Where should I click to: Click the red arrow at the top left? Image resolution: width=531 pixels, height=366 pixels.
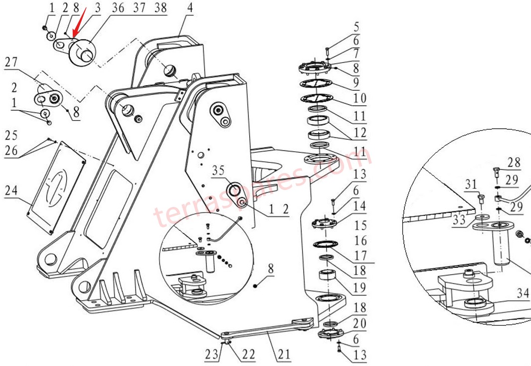(80, 23)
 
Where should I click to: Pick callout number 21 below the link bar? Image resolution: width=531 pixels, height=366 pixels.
(284, 355)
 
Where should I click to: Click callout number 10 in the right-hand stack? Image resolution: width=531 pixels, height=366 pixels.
(359, 98)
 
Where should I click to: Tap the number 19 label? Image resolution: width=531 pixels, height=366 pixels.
(359, 287)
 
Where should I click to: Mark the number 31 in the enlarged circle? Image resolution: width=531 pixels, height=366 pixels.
(471, 184)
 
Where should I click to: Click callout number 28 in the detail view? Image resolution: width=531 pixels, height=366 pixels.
(514, 163)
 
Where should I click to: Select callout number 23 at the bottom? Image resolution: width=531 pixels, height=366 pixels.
(211, 355)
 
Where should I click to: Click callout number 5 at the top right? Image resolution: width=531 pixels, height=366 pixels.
(356, 27)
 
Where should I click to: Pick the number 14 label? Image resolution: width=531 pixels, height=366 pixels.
(359, 206)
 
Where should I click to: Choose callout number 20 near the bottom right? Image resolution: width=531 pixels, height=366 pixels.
(359, 324)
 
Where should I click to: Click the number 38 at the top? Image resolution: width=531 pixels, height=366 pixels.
(161, 8)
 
